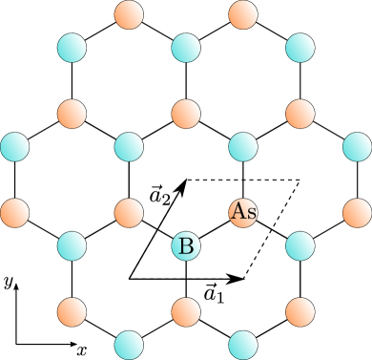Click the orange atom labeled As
(x=243, y=211)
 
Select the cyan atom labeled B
(x=186, y=245)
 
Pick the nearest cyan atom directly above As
(x=243, y=146)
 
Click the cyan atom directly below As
(x=243, y=344)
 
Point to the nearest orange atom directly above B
(x=186, y=114)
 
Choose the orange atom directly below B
(x=186, y=310)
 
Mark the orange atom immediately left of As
(x=129, y=211)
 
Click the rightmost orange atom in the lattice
(x=357, y=211)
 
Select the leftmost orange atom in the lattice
(x=14, y=211)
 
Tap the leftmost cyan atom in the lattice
(x=14, y=146)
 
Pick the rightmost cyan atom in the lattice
(x=357, y=146)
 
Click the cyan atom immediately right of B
(x=300, y=245)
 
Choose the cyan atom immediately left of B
(x=72, y=245)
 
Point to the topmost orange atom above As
(x=243, y=14)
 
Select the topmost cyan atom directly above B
(x=186, y=47)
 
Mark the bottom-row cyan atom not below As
(x=129, y=344)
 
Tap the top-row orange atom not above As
(x=129, y=14)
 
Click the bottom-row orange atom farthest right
(x=300, y=310)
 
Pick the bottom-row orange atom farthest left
(x=72, y=310)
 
